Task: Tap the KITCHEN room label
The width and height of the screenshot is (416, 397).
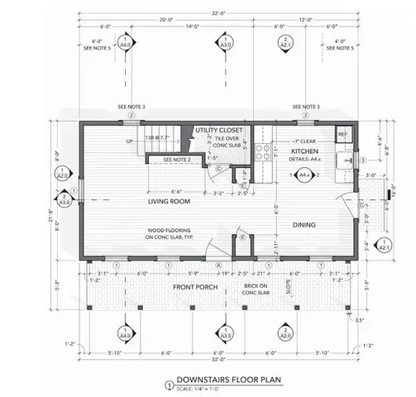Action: [x=304, y=153]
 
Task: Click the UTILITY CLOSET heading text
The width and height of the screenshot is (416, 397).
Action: [x=219, y=131]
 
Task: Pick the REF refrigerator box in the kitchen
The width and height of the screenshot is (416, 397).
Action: [x=342, y=134]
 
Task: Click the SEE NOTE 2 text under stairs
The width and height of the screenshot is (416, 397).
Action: [x=177, y=159]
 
